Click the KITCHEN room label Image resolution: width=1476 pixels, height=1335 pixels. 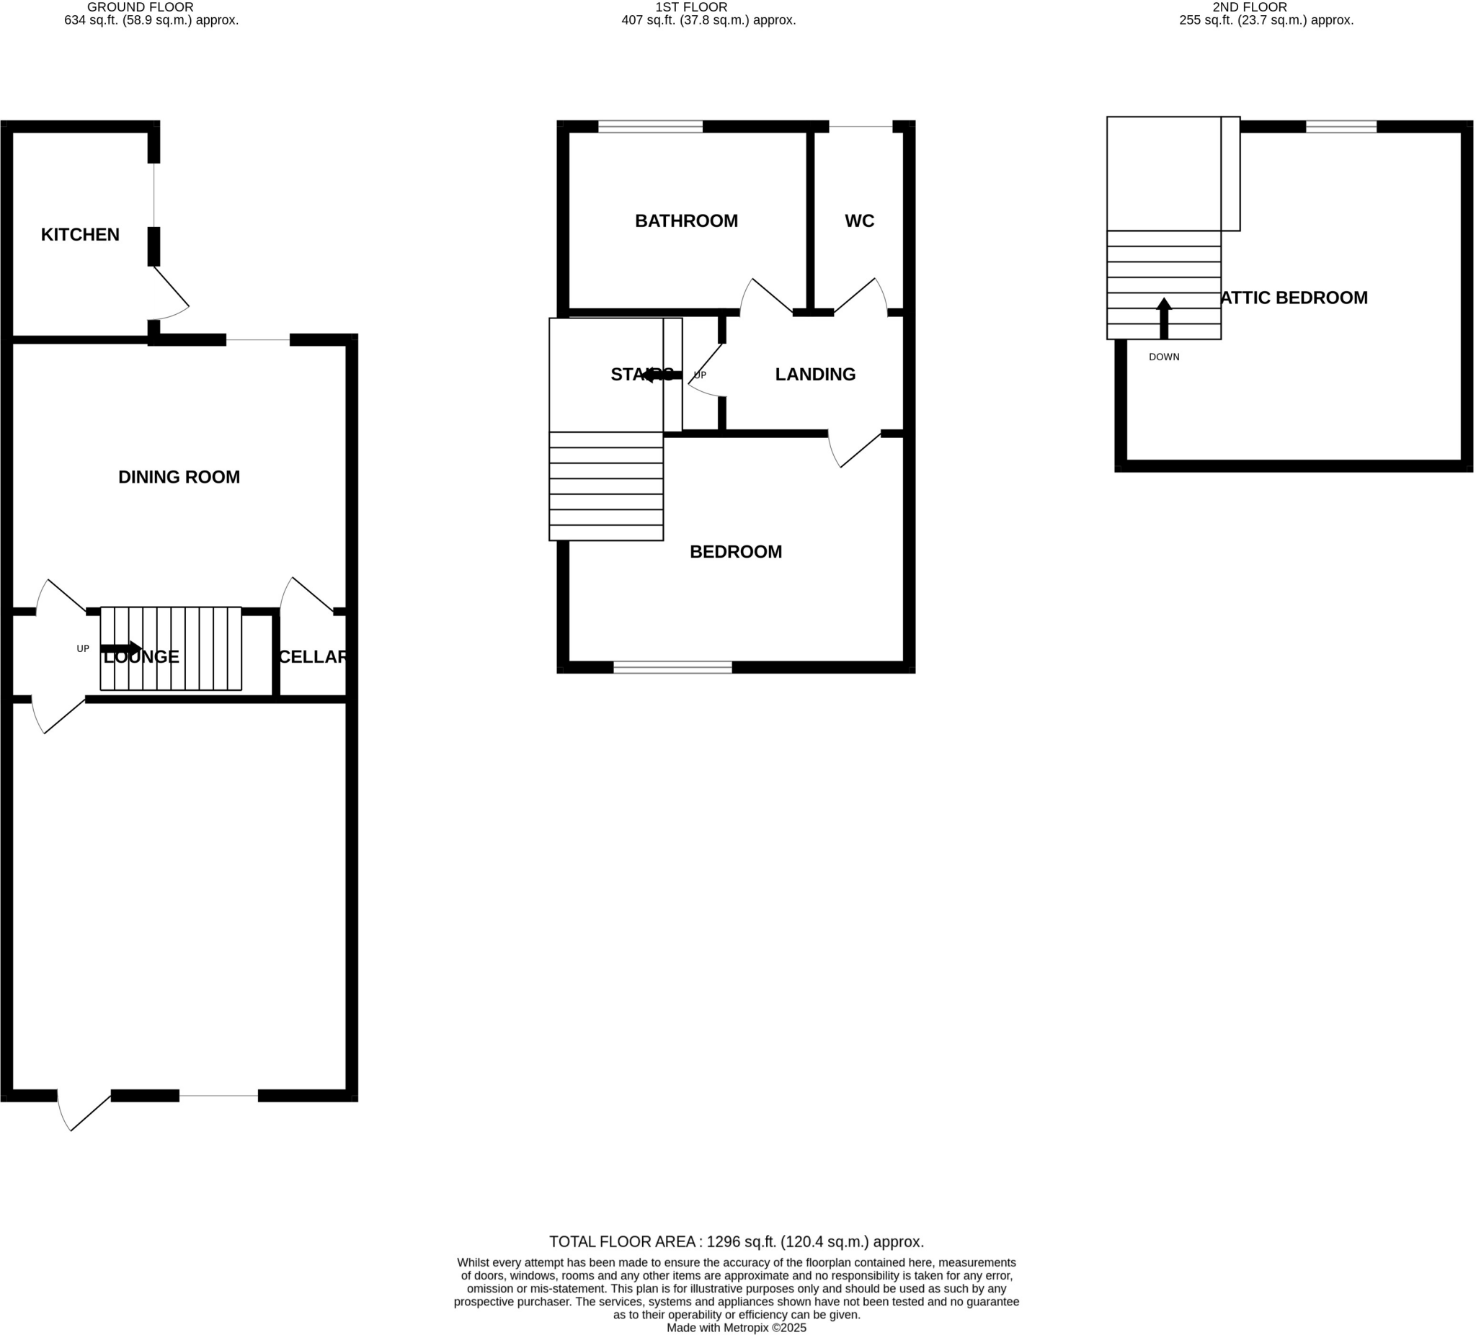pyautogui.click(x=80, y=235)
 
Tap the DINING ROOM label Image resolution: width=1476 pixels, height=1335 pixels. pyautogui.click(x=179, y=477)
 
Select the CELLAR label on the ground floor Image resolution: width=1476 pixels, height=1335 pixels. pyautogui.click(x=313, y=657)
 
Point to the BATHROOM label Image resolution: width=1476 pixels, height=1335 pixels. pyautogui.click(x=686, y=221)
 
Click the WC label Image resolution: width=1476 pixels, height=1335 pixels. pyautogui.click(x=859, y=221)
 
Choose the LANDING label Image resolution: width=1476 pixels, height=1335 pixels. pyautogui.click(x=815, y=375)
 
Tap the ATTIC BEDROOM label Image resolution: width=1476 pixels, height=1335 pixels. pyautogui.click(x=1294, y=298)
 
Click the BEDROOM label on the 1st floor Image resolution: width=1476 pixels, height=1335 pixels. pyautogui.click(x=735, y=552)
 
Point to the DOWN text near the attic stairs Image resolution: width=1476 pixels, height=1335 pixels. pyautogui.click(x=1163, y=357)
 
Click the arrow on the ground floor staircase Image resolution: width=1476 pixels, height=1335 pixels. pyautogui.click(x=122, y=648)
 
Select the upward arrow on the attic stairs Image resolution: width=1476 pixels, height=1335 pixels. pyautogui.click(x=1163, y=318)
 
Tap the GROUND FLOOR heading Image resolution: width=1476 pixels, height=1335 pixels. pyautogui.click(x=141, y=7)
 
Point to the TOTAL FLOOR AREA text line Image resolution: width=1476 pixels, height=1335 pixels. pyautogui.click(x=736, y=1242)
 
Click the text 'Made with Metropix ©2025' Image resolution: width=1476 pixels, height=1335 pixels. pyautogui.click(x=736, y=1328)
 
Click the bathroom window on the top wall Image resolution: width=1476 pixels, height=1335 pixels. pyautogui.click(x=650, y=127)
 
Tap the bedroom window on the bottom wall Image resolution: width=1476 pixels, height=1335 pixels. pyautogui.click(x=672, y=666)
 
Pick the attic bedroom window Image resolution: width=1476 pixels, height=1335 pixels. pyautogui.click(x=1341, y=127)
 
